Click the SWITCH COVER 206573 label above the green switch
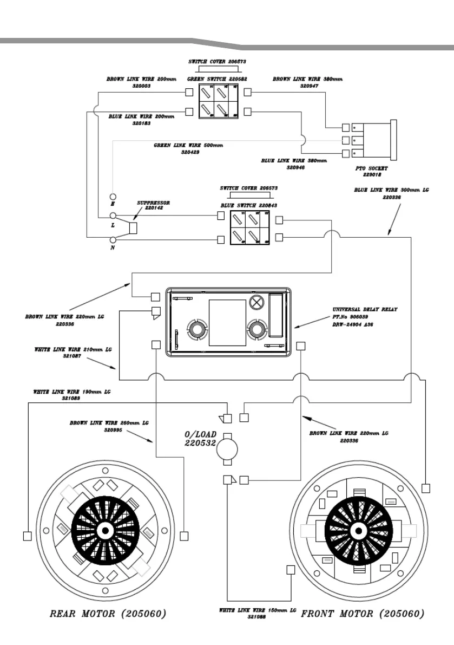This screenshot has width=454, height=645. coord(217,62)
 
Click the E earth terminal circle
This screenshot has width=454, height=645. coord(113,196)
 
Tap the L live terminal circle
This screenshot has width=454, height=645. coord(113,216)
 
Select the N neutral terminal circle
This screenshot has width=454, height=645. coord(113,239)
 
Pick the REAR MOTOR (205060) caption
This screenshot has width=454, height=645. coord(108,614)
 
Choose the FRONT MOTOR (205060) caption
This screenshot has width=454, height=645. coord(363,614)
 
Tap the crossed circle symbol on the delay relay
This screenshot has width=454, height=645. coord(256,301)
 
